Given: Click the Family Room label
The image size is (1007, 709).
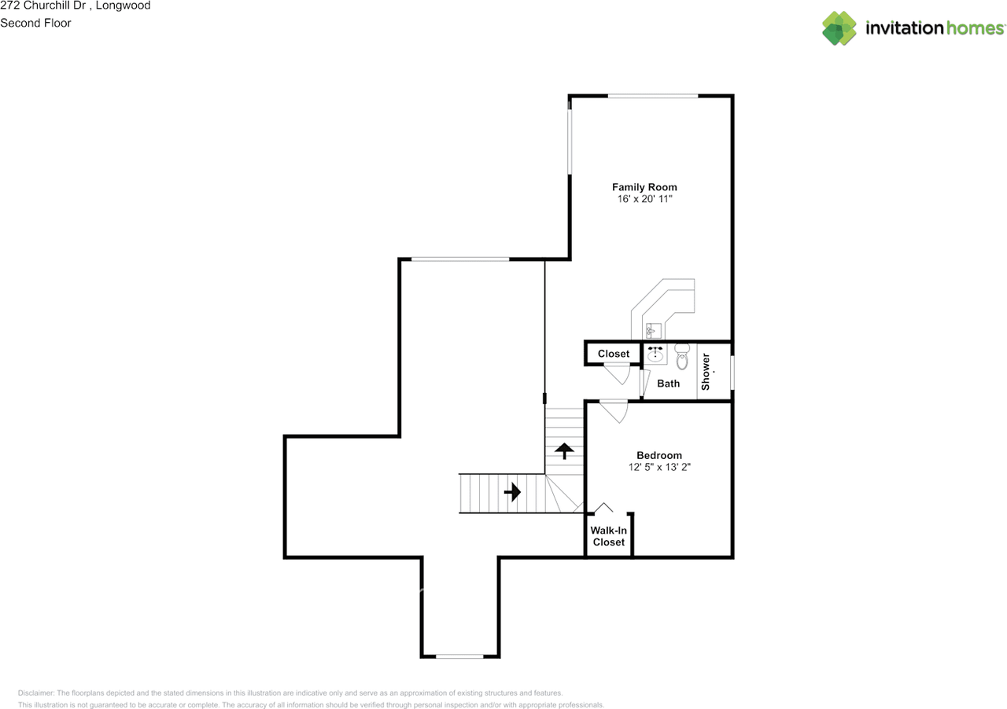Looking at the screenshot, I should (x=644, y=187).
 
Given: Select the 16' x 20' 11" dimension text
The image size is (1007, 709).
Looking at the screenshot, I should (x=644, y=200).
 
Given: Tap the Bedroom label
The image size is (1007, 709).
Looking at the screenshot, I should (x=658, y=455).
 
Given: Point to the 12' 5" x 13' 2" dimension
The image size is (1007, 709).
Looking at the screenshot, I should (x=658, y=467).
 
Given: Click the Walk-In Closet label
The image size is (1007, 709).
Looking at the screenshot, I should (x=608, y=536).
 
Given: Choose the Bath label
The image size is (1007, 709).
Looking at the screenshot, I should (x=668, y=384).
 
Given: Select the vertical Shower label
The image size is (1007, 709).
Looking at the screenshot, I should (x=706, y=372).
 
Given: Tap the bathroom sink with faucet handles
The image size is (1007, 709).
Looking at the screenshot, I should (x=655, y=354).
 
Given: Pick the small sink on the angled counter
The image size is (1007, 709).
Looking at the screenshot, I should (x=651, y=331).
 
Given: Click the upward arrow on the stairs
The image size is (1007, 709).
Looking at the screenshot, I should (x=564, y=450).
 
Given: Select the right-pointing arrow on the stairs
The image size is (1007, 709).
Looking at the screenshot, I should (x=512, y=493).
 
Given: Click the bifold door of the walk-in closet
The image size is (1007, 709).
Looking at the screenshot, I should (x=603, y=508).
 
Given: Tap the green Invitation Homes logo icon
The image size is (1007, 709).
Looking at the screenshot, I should (x=839, y=28).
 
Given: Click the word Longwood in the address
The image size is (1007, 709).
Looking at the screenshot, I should (x=124, y=6).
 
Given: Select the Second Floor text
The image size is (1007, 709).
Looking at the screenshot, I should (x=35, y=23).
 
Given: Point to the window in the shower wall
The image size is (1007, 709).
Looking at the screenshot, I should (x=732, y=372).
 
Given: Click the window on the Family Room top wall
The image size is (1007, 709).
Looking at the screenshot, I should (x=652, y=96).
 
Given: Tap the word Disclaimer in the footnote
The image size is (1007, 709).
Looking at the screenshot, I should (x=35, y=693).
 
